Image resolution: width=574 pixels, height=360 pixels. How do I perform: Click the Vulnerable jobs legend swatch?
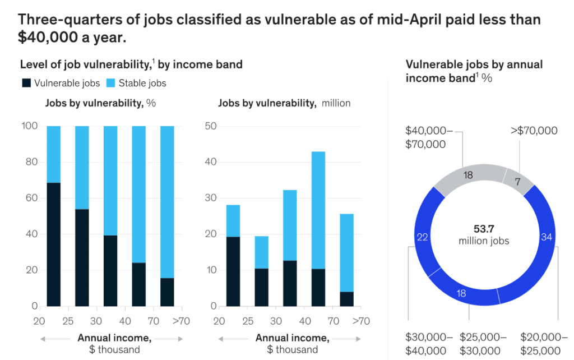[x=26, y=84]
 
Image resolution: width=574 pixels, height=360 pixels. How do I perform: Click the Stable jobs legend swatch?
[x=110, y=84]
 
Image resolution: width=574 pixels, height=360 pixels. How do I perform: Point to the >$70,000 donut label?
[x=534, y=131]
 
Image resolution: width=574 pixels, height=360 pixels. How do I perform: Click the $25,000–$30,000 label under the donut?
[x=483, y=344]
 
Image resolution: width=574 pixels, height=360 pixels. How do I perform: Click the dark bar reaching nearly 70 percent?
[x=53, y=244]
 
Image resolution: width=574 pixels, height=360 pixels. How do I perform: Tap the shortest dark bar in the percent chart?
[x=167, y=292]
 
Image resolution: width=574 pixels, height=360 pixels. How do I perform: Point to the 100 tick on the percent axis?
[x=30, y=126]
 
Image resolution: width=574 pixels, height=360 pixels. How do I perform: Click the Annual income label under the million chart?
[x=292, y=338]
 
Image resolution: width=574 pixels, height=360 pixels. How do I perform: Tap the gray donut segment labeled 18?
[x=468, y=175]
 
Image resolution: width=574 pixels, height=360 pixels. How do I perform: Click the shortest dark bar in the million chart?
[x=346, y=299]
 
